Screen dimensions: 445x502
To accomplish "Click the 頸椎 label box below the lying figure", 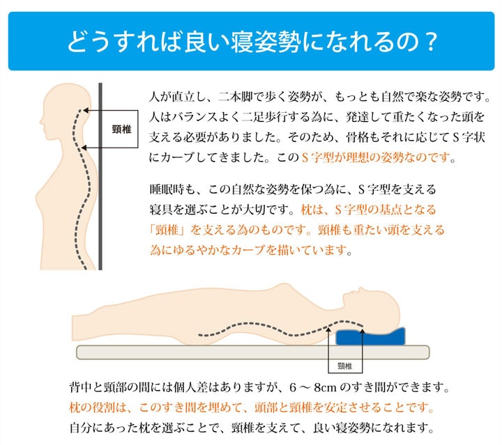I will pos(344,366).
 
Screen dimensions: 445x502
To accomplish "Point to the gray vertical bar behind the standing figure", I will pos(101,209).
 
